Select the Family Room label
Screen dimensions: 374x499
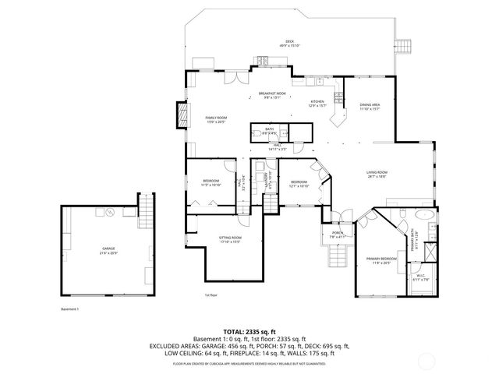215,119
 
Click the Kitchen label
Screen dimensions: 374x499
317,104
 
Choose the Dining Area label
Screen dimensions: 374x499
370,106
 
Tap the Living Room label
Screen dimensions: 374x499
377,174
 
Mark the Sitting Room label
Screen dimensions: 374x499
229,239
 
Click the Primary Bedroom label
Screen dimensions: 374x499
381,260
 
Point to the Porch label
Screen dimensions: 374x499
338,235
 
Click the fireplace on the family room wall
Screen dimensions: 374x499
185,115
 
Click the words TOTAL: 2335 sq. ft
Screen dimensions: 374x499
249,332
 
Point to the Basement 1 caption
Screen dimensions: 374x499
70,309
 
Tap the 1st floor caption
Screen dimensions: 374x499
211,295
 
